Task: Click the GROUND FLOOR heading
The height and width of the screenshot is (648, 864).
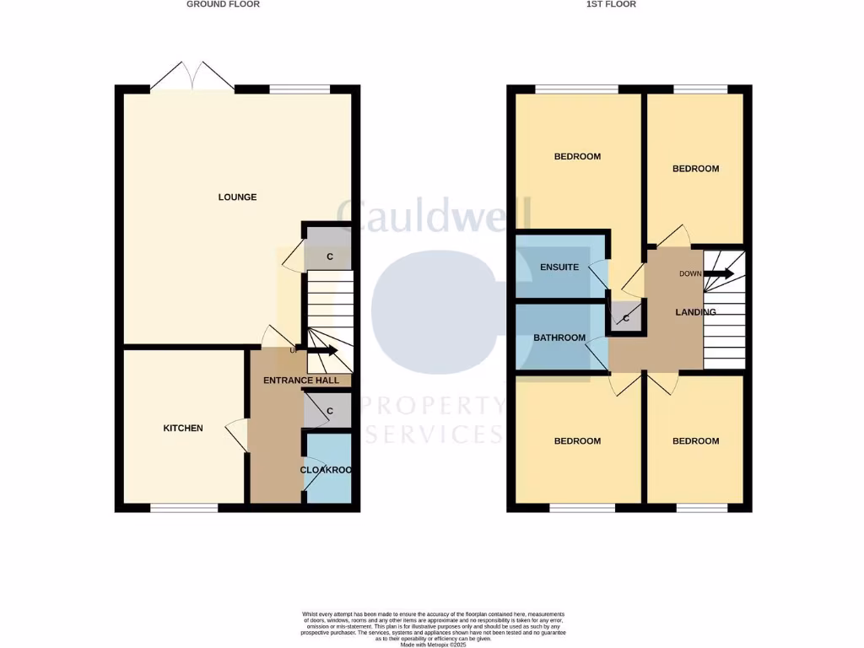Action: coord(223,4)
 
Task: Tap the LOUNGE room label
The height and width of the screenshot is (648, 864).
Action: coord(237,197)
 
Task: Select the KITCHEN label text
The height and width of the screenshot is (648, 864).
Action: coord(183,429)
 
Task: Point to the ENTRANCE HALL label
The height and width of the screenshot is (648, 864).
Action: coord(301,381)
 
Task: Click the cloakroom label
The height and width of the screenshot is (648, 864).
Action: coord(327,470)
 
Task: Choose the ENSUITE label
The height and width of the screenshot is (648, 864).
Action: coord(559,267)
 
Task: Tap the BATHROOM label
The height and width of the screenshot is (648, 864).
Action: coord(559,338)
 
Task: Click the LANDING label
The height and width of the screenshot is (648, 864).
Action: coord(695,312)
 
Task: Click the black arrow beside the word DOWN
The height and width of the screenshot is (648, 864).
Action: coord(719,273)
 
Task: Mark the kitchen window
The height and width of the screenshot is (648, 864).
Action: coord(184,508)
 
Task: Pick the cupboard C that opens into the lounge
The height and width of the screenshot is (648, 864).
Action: coord(329,256)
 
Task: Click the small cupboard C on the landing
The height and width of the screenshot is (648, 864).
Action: coord(625,318)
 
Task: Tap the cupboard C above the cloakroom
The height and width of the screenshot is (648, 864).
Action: coord(329,412)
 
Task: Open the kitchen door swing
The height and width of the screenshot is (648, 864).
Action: coord(235,434)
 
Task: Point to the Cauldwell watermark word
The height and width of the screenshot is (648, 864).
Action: coord(434,216)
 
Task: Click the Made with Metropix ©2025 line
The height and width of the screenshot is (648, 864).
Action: coord(433,644)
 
